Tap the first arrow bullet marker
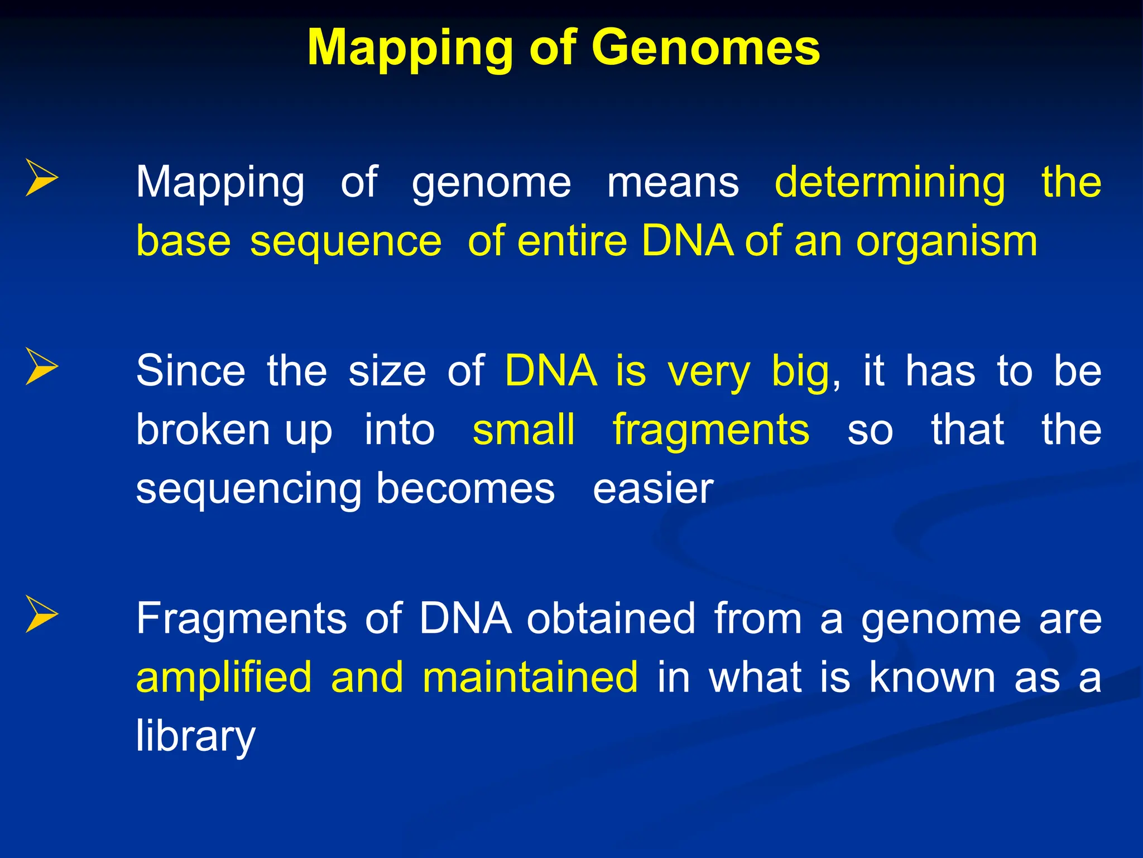(x=42, y=178)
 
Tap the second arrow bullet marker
(x=42, y=366)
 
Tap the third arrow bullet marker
(x=42, y=614)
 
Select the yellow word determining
(x=890, y=183)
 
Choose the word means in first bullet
(x=673, y=183)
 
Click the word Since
(x=190, y=371)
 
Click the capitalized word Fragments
(x=242, y=619)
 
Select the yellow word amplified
(x=224, y=677)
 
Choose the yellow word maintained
(x=530, y=677)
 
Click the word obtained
(x=611, y=619)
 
